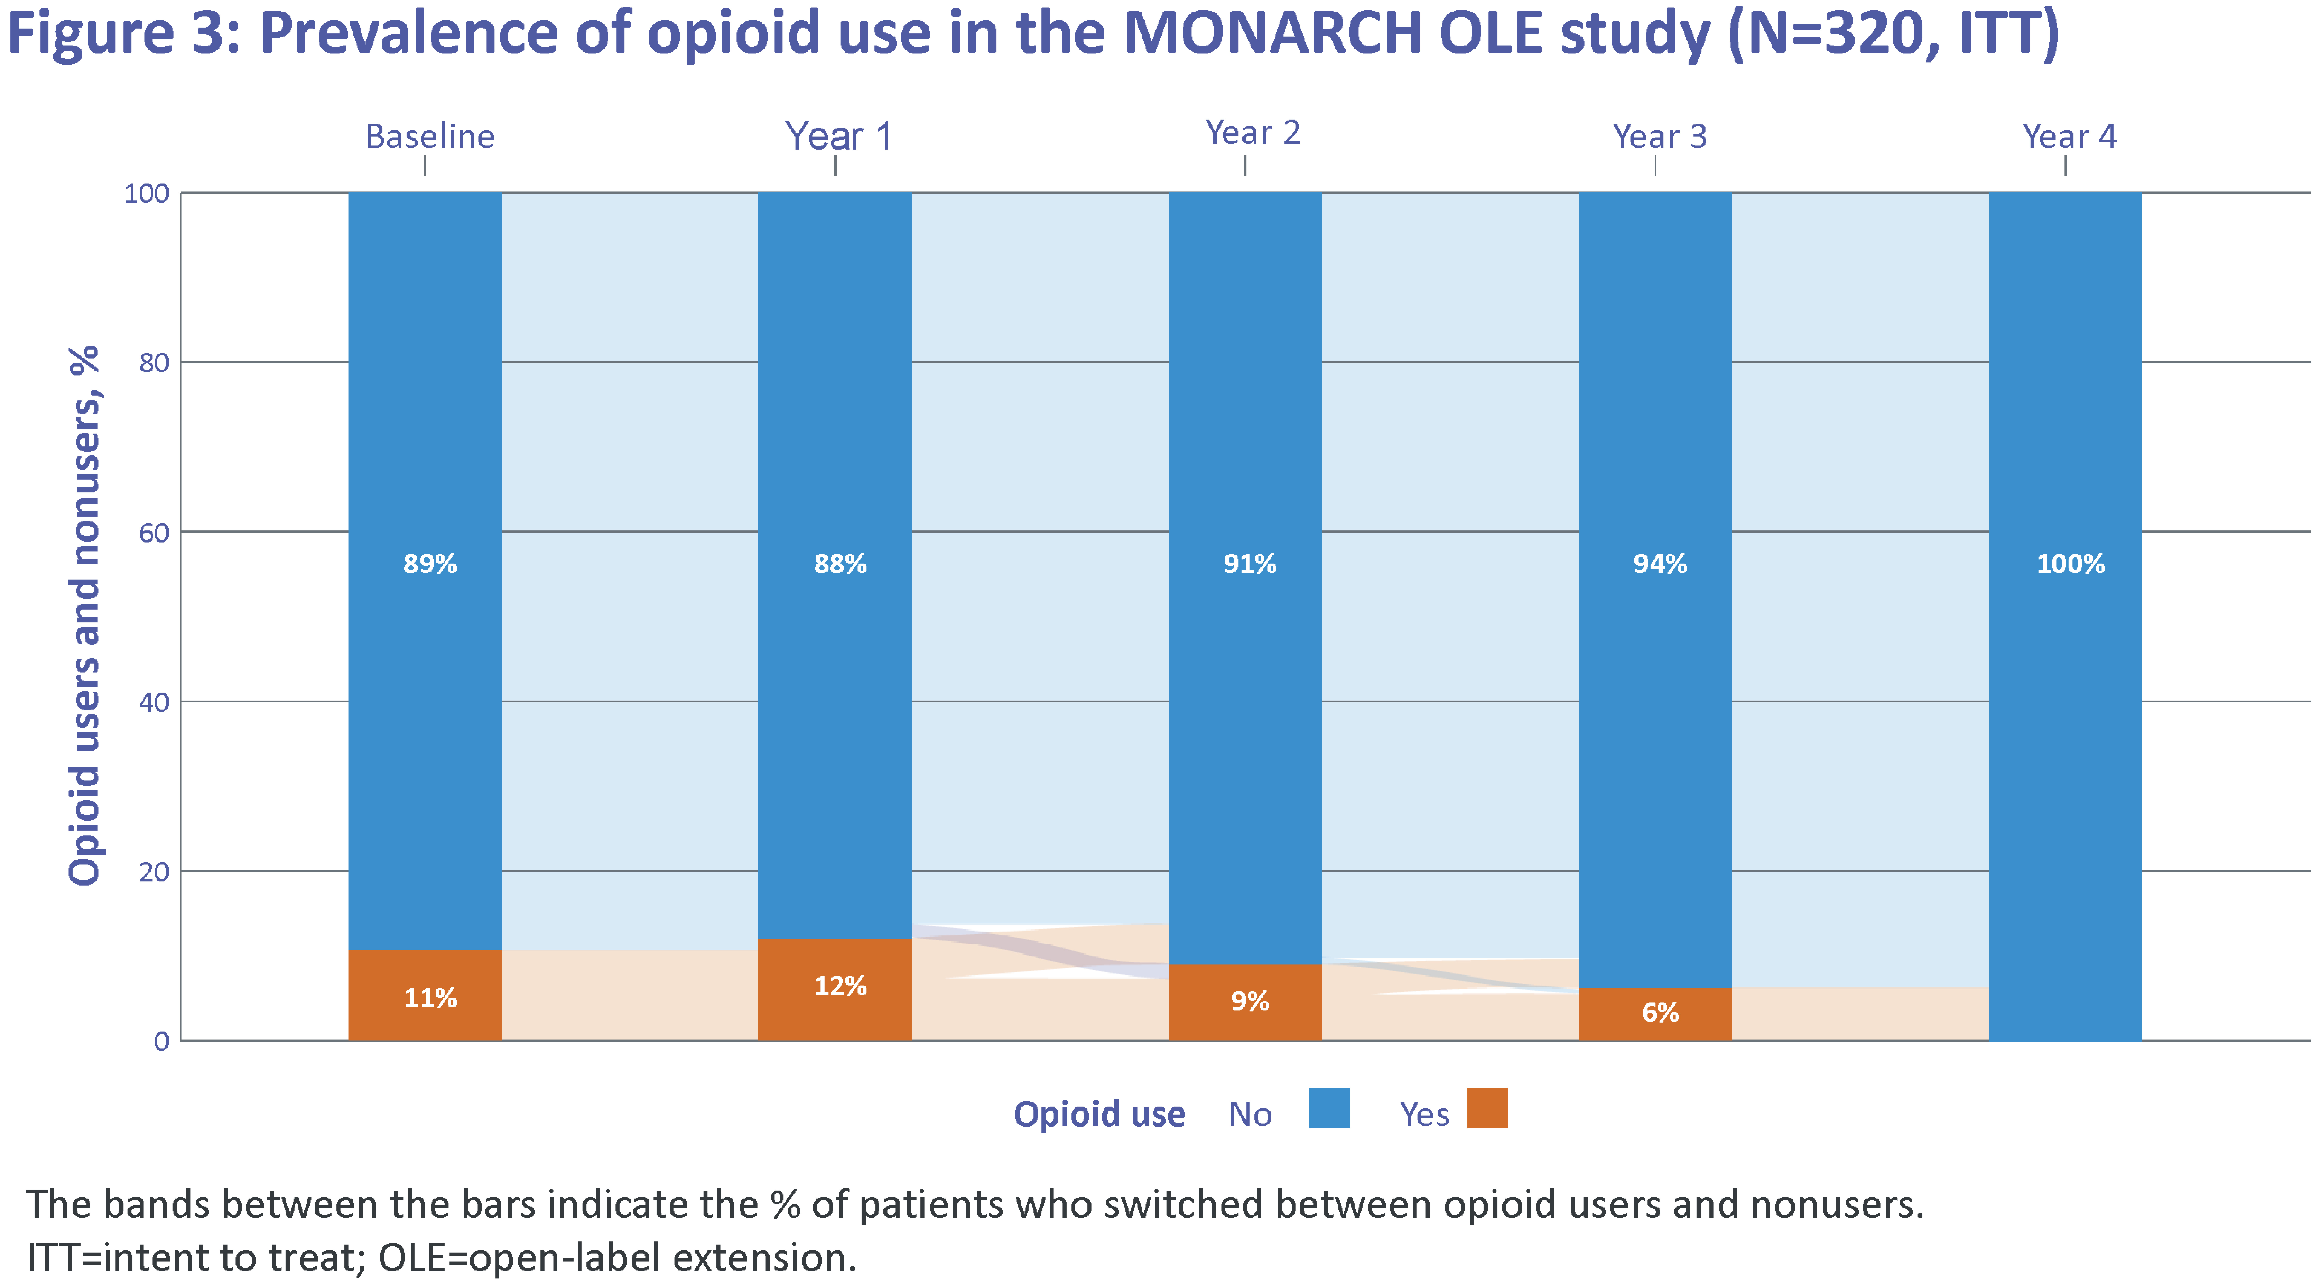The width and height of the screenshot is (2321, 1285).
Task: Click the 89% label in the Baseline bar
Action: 430,564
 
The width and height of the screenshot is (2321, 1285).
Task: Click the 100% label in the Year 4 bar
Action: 2071,564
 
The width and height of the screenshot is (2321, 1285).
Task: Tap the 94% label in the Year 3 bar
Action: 1660,564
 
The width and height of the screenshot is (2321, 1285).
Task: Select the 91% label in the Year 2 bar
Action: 1250,564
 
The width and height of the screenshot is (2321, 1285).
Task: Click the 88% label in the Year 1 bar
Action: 840,564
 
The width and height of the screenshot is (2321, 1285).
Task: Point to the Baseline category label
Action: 430,136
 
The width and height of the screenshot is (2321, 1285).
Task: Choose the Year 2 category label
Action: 1252,132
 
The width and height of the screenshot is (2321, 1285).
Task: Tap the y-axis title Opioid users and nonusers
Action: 84,615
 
